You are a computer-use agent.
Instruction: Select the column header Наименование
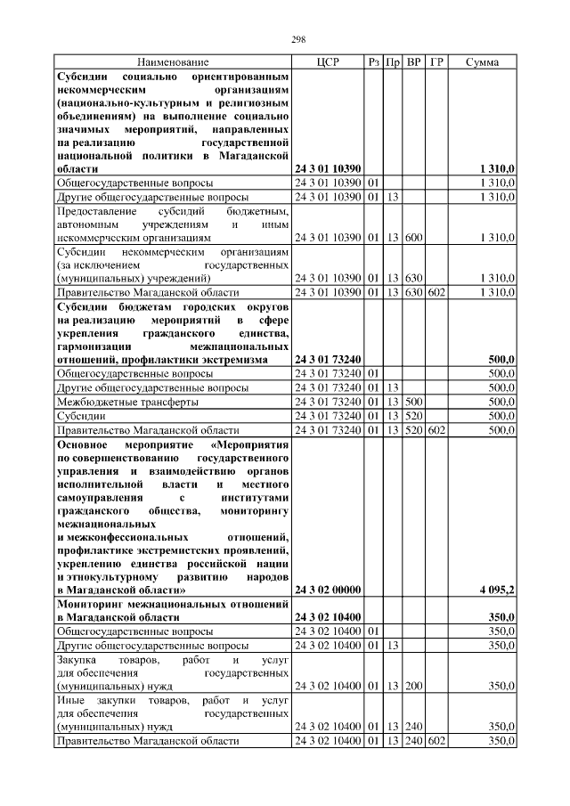[174, 62]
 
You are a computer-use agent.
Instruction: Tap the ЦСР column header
[328, 62]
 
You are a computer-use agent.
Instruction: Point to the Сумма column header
[482, 62]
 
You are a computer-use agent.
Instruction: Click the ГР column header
[436, 62]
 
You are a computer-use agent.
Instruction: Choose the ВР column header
[414, 62]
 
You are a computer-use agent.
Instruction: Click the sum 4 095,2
[496, 590]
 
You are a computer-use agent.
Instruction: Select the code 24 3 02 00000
[327, 590]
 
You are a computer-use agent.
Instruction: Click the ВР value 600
[414, 238]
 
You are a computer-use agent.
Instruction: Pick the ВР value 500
[414, 402]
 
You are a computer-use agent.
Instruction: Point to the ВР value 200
[414, 685]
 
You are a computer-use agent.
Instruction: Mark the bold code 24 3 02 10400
[327, 616]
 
